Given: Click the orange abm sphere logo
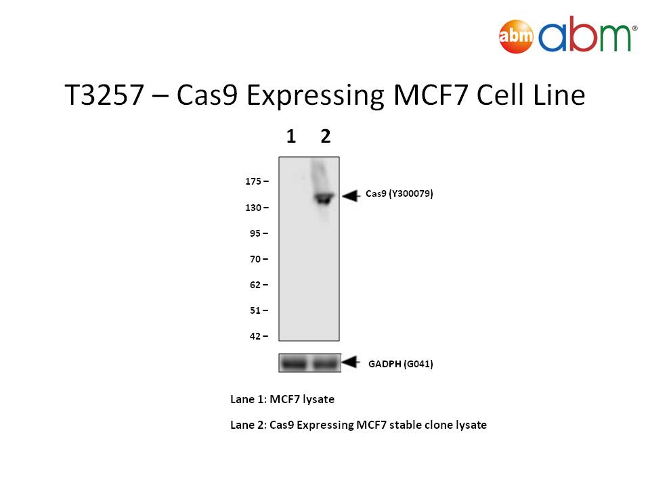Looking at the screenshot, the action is [x=516, y=37].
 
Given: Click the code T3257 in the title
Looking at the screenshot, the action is [x=104, y=95].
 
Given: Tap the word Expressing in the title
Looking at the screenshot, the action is [x=315, y=97].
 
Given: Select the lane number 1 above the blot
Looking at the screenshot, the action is [x=291, y=136].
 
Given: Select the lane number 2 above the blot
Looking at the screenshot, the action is [x=326, y=136].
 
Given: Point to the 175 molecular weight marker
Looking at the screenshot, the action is [x=253, y=181].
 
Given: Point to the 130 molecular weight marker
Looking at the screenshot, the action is [x=253, y=208].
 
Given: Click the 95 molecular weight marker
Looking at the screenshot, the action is [x=255, y=233].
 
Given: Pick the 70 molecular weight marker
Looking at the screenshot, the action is [x=255, y=259].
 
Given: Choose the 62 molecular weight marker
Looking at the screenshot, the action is [x=255, y=285].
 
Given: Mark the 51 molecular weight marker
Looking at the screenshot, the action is [x=255, y=310].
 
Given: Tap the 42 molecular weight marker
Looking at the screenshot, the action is [x=255, y=336].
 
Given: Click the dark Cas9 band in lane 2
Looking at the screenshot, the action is [x=324, y=198].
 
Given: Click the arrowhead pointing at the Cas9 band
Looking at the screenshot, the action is [x=351, y=196].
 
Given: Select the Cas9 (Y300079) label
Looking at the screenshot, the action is [x=399, y=194].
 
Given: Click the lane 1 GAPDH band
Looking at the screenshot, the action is [x=293, y=364].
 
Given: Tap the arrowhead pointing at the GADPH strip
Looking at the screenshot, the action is [x=351, y=362].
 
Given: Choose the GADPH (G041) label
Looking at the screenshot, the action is [x=400, y=364].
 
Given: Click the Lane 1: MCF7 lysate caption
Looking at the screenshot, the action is [x=282, y=399].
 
